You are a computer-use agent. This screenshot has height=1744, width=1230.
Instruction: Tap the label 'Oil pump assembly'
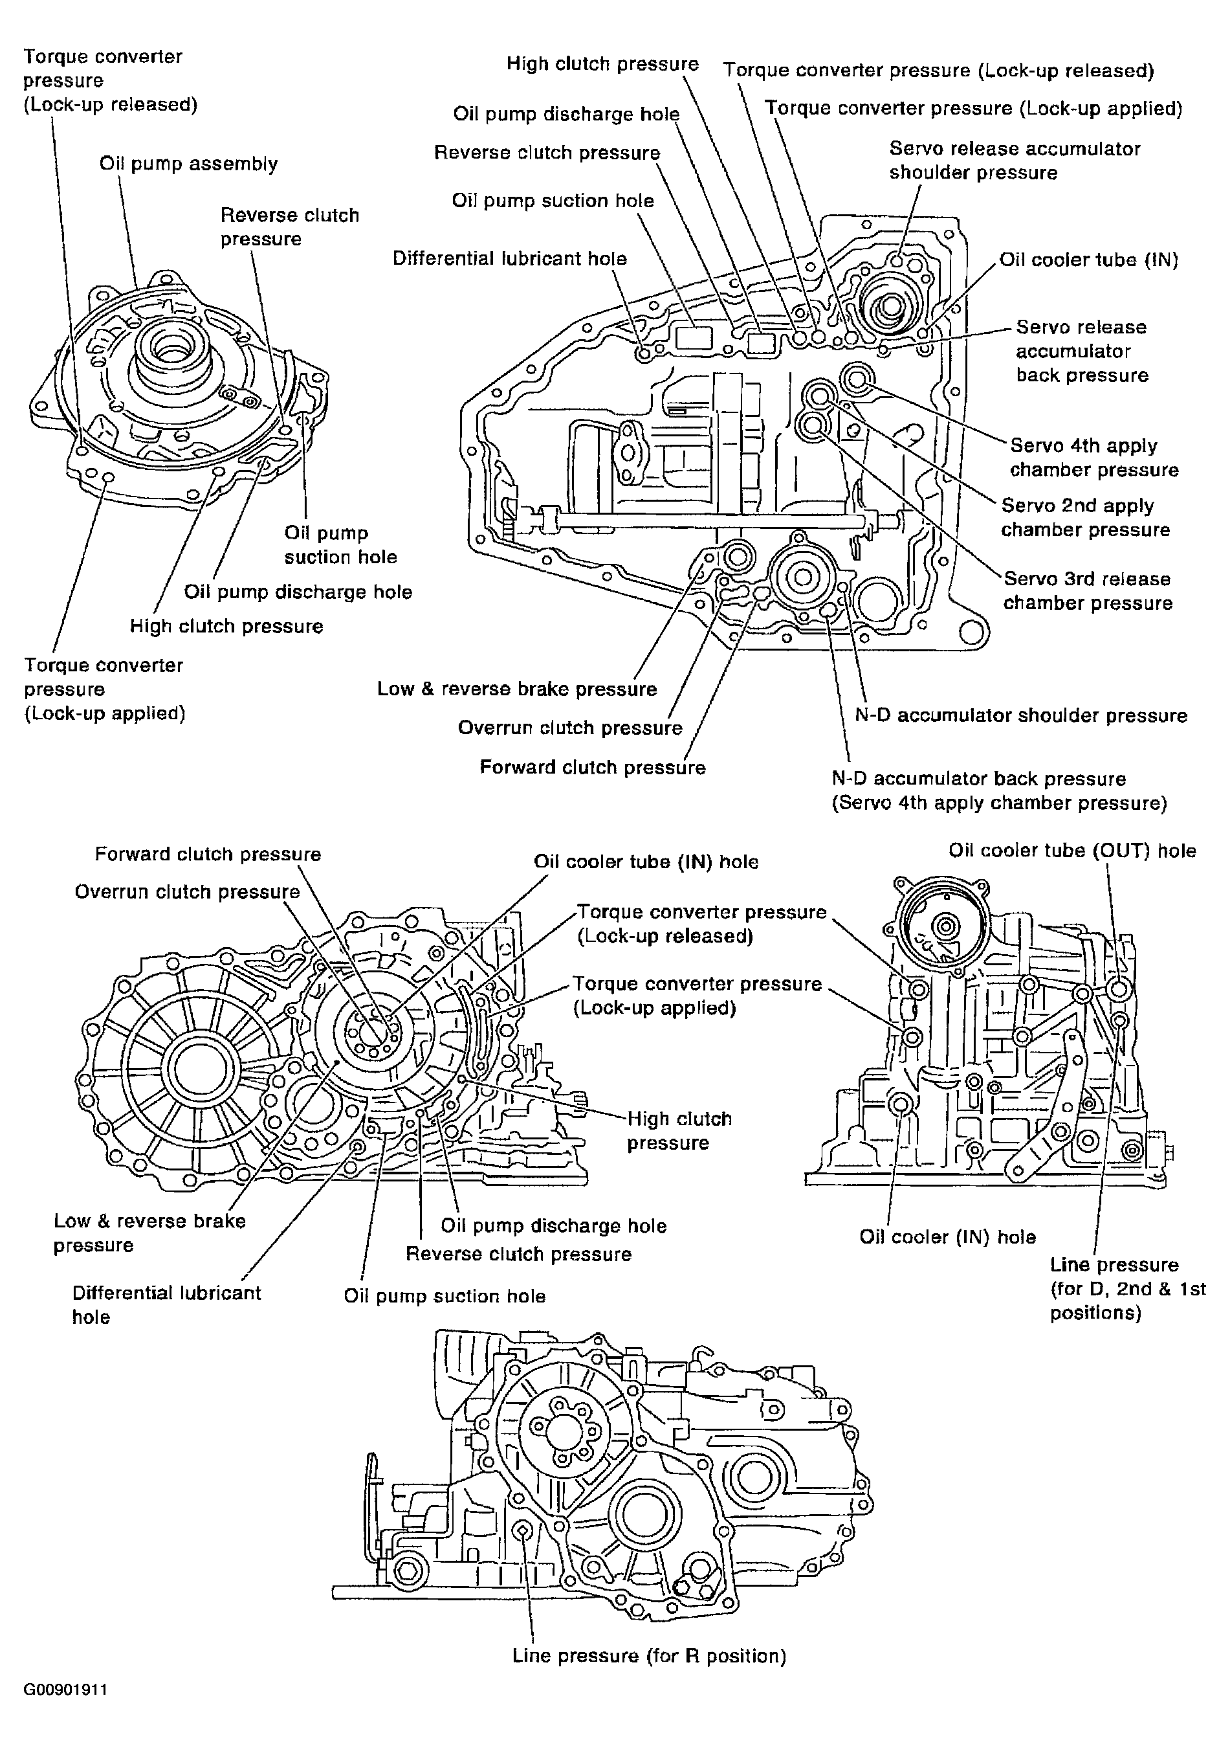(188, 164)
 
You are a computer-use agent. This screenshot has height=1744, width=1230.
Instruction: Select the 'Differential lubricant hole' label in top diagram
(509, 258)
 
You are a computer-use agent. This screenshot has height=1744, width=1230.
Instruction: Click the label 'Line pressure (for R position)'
(649, 1656)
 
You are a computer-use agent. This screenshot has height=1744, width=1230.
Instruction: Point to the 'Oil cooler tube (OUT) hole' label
(1071, 851)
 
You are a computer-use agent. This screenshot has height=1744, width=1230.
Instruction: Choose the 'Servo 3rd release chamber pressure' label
(1087, 591)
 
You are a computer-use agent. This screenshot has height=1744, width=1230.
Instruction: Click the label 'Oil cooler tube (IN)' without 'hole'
(1088, 260)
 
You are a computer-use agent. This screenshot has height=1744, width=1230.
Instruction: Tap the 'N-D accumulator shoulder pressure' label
(1020, 715)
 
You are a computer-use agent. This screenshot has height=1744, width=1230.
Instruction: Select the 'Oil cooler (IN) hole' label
(947, 1237)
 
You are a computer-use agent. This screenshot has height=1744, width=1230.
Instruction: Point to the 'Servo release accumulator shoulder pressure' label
(1015, 161)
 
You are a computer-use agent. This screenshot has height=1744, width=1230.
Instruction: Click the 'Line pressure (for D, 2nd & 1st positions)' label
(1126, 1289)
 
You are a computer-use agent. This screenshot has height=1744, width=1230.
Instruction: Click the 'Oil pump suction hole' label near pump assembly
(340, 544)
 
